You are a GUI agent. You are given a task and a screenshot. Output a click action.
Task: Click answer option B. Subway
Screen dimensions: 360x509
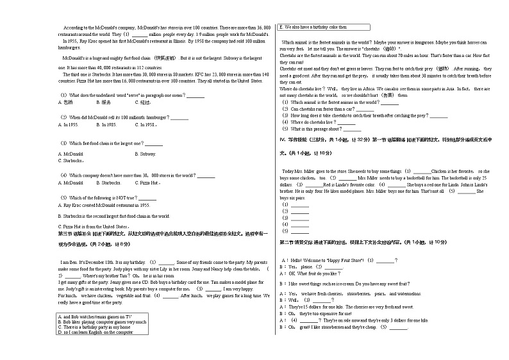click(146, 154)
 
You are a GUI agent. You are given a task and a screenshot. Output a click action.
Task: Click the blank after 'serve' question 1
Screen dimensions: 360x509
click(196, 95)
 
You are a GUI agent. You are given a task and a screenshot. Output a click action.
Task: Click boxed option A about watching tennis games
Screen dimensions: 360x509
click(95, 317)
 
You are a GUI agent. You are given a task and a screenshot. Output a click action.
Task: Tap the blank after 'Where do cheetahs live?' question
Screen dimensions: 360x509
click(346, 122)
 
